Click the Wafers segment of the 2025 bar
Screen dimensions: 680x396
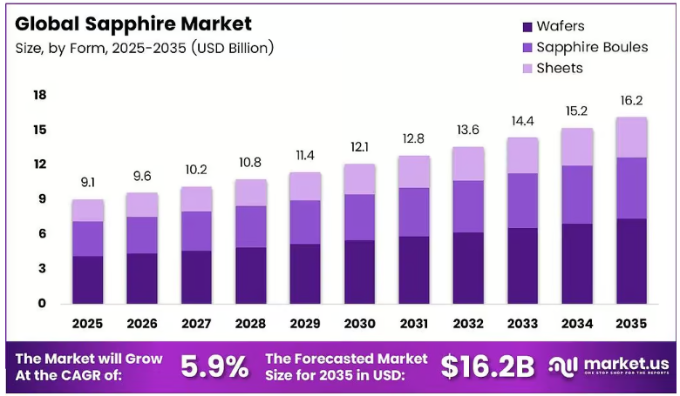[88, 279]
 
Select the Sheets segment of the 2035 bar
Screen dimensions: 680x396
[631, 138]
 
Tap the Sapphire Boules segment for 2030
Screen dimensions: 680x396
[360, 218]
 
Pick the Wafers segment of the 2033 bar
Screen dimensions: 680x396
[522, 265]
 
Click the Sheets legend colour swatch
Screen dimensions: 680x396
[527, 69]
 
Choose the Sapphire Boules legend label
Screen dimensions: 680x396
[592, 47]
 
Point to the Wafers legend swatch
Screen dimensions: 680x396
[527, 27]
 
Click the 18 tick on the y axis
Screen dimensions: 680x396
[40, 95]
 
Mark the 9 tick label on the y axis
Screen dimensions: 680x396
[42, 199]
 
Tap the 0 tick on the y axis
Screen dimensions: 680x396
[42, 304]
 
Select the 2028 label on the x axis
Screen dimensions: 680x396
[251, 324]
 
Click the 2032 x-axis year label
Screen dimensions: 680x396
[468, 324]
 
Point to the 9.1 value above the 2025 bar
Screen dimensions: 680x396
[88, 183]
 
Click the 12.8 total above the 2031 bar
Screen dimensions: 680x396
[414, 138]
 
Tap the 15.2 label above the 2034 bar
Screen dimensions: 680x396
[577, 111]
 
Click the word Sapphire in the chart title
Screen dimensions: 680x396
[131, 24]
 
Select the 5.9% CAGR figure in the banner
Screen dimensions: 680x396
[214, 366]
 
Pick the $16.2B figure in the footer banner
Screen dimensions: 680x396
[488, 366]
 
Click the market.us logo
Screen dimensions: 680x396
[609, 366]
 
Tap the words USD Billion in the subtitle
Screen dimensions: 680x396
[232, 48]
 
